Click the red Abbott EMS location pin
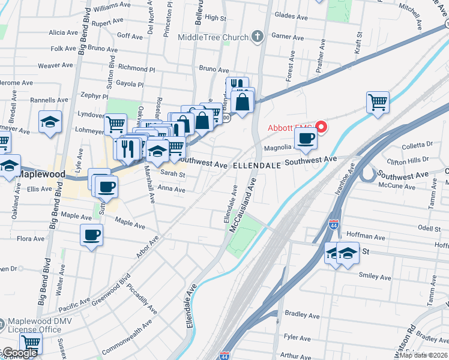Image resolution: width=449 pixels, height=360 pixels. [x=321, y=127]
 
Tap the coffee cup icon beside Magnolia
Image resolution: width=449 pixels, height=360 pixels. [x=306, y=139]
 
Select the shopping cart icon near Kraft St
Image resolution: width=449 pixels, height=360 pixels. [x=378, y=103]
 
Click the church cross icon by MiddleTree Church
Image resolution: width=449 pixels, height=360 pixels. [x=258, y=37]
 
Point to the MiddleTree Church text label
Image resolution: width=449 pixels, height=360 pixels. [x=213, y=37]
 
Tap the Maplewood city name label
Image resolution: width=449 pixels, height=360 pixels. [x=42, y=174]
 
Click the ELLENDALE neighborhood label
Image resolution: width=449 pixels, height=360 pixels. [x=256, y=164]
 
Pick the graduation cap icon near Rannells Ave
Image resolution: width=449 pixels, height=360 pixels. [x=50, y=122]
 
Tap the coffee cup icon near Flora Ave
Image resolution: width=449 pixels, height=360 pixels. [x=92, y=235]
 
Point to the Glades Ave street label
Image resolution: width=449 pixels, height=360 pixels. [x=291, y=15]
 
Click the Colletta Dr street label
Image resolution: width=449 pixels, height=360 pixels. [x=417, y=145]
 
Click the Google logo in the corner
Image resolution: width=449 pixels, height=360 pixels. [x=19, y=353]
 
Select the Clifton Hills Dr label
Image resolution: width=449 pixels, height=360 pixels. [x=408, y=160]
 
